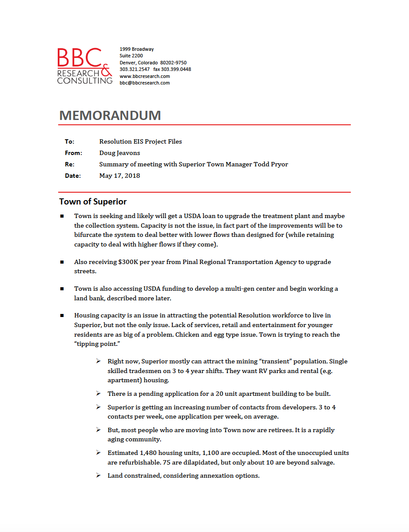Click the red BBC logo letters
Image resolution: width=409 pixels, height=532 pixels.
(79, 59)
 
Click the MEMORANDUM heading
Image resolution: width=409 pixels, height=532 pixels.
(110, 115)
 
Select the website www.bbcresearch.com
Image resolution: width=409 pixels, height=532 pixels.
(145, 76)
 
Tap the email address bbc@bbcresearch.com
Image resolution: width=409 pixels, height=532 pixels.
(145, 83)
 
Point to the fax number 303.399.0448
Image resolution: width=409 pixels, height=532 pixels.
(176, 69)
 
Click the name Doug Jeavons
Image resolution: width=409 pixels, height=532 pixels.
(119, 153)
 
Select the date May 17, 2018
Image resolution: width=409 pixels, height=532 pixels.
(119, 176)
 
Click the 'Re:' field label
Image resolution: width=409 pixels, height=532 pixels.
(69, 164)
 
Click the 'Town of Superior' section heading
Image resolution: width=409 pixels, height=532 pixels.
(93, 202)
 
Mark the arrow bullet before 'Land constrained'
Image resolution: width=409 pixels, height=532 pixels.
(98, 475)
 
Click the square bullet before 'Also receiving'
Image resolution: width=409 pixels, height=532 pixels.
(62, 262)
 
